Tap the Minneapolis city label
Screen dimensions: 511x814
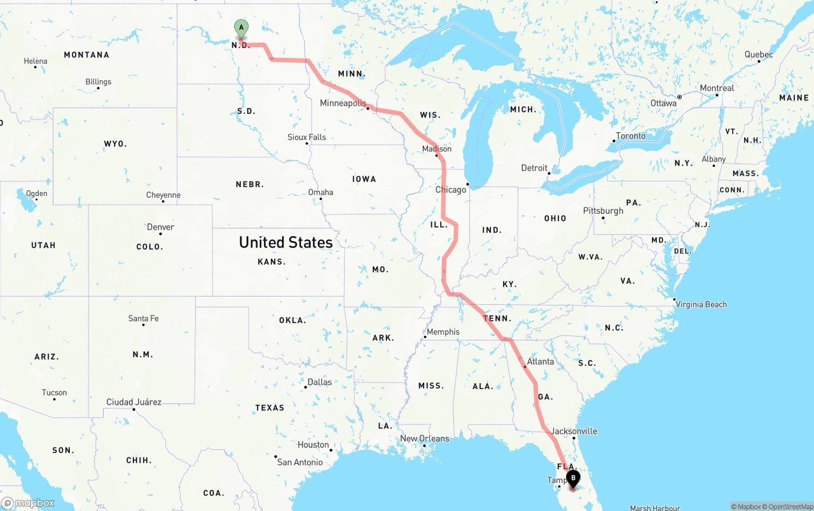click(343, 103)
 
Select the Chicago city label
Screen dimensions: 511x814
click(450, 190)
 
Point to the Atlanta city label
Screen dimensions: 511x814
click(541, 361)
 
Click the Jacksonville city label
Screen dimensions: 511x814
click(574, 431)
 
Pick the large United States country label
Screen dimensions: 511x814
click(286, 242)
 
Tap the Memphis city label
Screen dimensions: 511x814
click(443, 332)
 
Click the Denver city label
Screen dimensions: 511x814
click(160, 227)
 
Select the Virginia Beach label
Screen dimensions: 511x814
click(701, 304)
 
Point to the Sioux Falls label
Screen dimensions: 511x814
click(307, 137)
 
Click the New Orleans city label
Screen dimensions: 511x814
click(424, 438)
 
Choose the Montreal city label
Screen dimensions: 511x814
click(717, 88)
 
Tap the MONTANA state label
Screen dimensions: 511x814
click(86, 55)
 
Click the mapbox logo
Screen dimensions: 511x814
click(28, 503)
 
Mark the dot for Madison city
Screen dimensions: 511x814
click(436, 156)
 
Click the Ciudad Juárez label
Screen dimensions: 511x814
click(134, 402)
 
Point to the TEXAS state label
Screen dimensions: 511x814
click(270, 407)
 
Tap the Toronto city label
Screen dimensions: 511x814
click(631, 136)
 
